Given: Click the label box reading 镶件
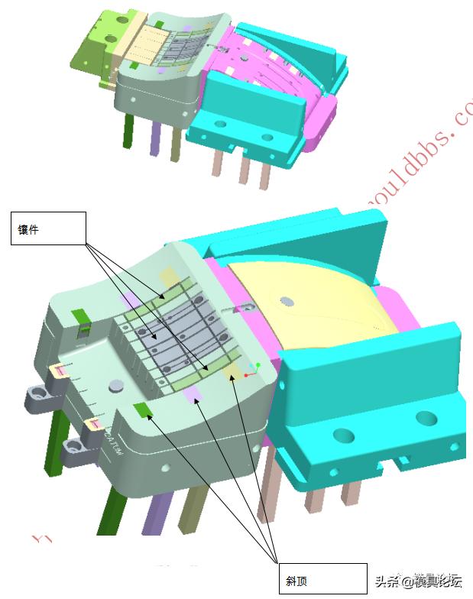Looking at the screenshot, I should point(47,228).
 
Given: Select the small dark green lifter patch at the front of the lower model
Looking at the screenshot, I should point(143,411).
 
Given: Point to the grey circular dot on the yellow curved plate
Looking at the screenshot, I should point(285,300).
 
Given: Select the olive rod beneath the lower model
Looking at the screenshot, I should point(195,508).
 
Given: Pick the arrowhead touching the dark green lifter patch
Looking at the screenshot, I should point(148,417).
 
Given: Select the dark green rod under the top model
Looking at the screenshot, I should point(128,129).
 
